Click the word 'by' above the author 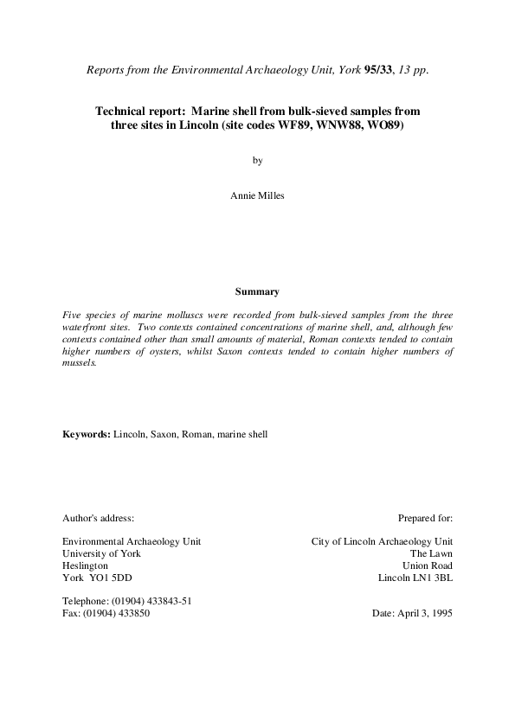click(257, 160)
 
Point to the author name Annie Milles click(257, 195)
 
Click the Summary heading click(257, 291)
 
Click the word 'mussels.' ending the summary click(80, 364)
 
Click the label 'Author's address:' click(98, 518)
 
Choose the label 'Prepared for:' click(425, 518)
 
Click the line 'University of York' click(101, 553)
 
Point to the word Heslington click(85, 565)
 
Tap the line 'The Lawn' click(431, 553)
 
